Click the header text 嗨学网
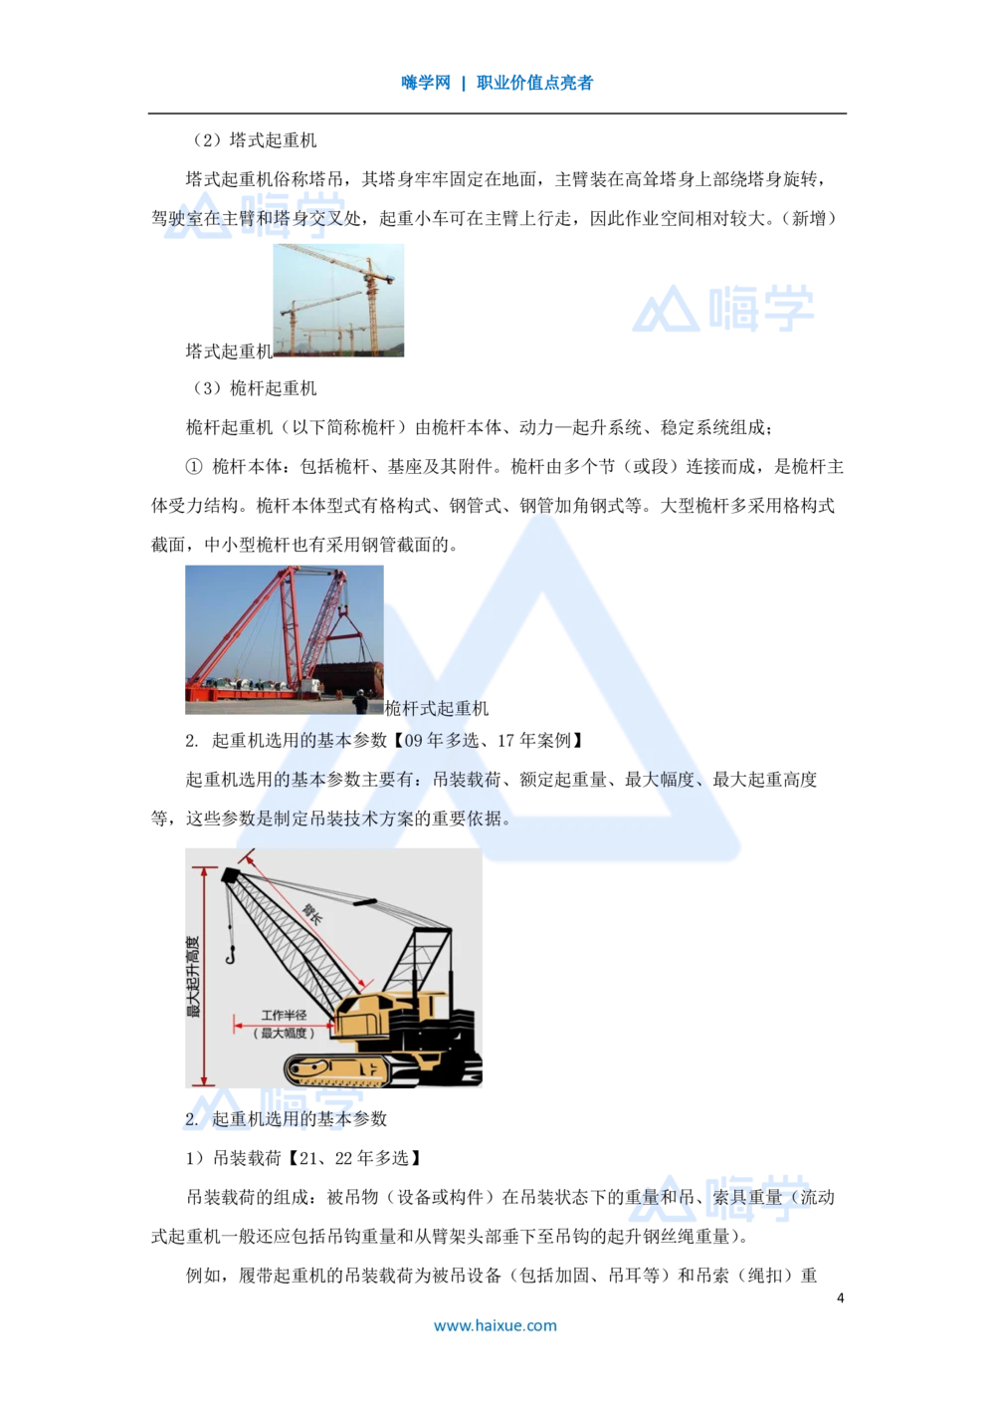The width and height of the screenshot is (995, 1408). click(426, 83)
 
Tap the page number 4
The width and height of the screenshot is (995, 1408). click(840, 1298)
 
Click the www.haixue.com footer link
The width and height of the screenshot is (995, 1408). click(495, 1325)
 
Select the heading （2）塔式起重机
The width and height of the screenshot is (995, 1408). click(254, 140)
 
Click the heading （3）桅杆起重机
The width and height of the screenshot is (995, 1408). click(254, 388)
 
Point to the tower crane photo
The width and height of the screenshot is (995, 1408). click(338, 301)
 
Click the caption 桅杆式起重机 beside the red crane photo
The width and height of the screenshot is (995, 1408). click(437, 708)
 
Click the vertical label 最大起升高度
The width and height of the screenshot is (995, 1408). click(193, 977)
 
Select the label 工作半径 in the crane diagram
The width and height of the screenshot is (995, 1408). click(284, 1015)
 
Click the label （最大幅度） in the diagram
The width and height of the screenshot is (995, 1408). click(284, 1034)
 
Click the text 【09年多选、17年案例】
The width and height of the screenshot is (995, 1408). click(488, 741)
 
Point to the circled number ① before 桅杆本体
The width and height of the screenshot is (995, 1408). click(194, 466)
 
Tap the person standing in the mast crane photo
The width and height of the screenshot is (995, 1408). click(360, 701)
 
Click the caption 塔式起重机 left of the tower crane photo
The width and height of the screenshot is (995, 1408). click(229, 351)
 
